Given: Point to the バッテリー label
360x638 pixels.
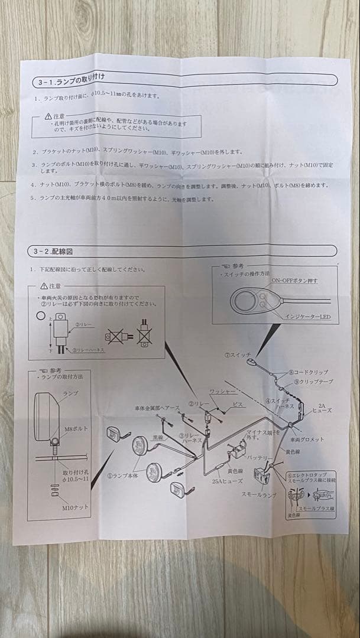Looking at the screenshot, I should pos(261,458).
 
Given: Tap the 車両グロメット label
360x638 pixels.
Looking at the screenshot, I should pos(307,439).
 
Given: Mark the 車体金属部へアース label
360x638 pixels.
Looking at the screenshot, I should pos(155,408).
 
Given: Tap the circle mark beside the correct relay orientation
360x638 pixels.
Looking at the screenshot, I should pos(41,317).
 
